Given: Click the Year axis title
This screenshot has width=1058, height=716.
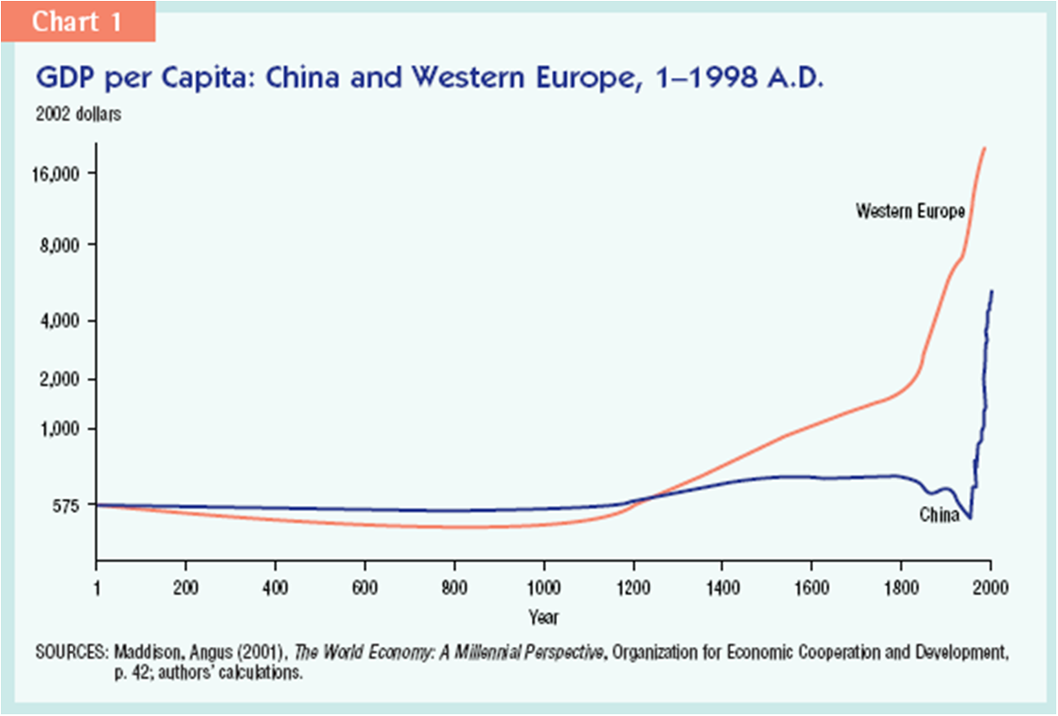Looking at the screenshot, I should tap(543, 617).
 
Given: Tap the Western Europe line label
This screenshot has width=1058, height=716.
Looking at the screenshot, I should tap(909, 210).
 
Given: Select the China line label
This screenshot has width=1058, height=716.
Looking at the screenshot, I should tap(939, 515).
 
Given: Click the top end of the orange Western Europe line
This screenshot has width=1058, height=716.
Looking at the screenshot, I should tap(984, 149).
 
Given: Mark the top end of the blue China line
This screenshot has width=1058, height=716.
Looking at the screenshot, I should tap(991, 291).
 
